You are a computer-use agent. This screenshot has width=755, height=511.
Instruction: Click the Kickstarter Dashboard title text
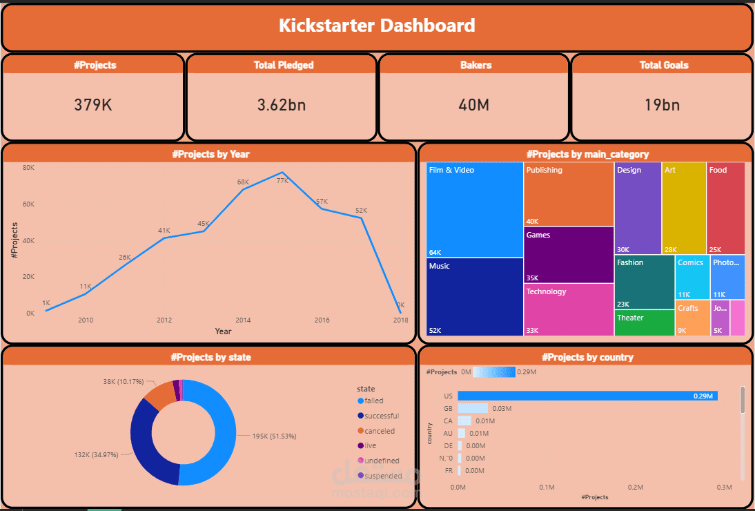tap(377, 26)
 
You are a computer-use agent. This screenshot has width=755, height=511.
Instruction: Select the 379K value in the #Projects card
tap(93, 105)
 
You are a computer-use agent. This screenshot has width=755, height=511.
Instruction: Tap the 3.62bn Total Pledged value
tap(282, 105)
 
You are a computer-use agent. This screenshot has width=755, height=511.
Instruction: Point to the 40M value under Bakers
tap(474, 105)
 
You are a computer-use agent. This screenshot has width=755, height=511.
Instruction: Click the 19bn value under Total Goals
tap(663, 105)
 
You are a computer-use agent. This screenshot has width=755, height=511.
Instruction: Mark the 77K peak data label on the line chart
tap(282, 180)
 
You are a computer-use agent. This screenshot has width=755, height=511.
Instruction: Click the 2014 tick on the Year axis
tap(243, 320)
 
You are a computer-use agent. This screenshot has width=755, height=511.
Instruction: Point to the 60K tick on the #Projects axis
tap(28, 204)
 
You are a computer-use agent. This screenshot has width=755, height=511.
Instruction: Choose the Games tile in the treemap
tap(568, 254)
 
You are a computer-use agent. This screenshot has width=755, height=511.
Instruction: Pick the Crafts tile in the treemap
tap(692, 318)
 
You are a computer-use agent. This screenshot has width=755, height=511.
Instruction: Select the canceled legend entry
tap(380, 431)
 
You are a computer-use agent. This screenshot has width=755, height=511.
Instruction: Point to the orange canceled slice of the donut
tap(160, 395)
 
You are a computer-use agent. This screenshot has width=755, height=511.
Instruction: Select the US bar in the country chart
tap(587, 396)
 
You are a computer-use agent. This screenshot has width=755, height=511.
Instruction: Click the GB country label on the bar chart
tap(448, 408)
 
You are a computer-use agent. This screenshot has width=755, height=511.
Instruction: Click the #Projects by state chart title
tap(210, 357)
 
